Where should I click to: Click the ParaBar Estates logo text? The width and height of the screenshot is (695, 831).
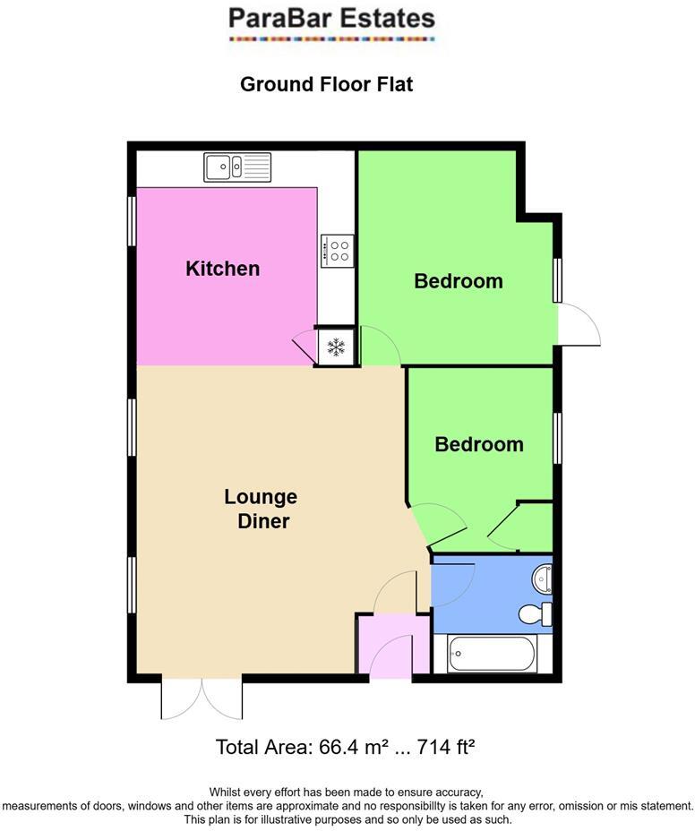pos(331,18)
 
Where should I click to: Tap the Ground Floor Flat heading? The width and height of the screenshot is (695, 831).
pos(326,85)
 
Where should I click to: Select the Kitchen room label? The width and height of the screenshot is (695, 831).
pos(222,269)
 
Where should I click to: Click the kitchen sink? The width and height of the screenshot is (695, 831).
pos(236,166)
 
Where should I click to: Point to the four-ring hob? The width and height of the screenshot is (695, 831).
pos(337,250)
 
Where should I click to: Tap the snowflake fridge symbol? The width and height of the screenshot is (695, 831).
pos(336,347)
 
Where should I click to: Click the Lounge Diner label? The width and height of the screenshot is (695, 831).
pos(261,509)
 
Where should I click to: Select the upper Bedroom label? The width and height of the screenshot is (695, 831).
pos(458,281)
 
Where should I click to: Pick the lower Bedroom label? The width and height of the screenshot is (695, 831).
pos(478,444)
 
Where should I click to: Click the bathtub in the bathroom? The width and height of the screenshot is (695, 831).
pos(491,655)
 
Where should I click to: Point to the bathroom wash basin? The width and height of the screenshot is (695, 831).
pos(542,578)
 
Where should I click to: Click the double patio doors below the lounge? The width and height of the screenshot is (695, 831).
pos(202,698)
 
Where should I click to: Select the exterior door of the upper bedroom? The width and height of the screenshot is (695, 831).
pos(578,325)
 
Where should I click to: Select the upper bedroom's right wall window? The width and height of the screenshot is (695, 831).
pos(557,279)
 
